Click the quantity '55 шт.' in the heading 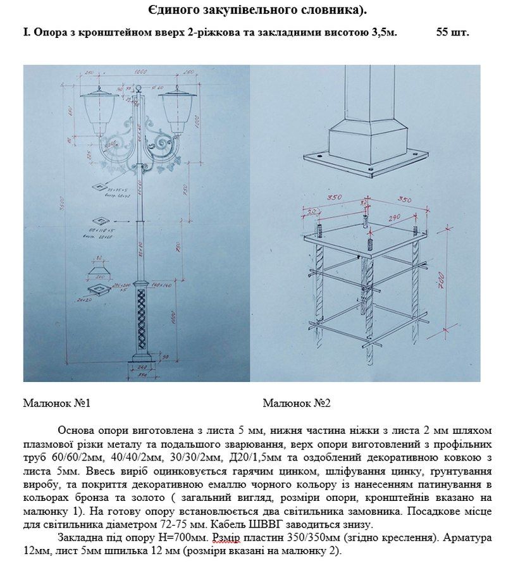point(452,32)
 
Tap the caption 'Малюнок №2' point(297,403)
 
